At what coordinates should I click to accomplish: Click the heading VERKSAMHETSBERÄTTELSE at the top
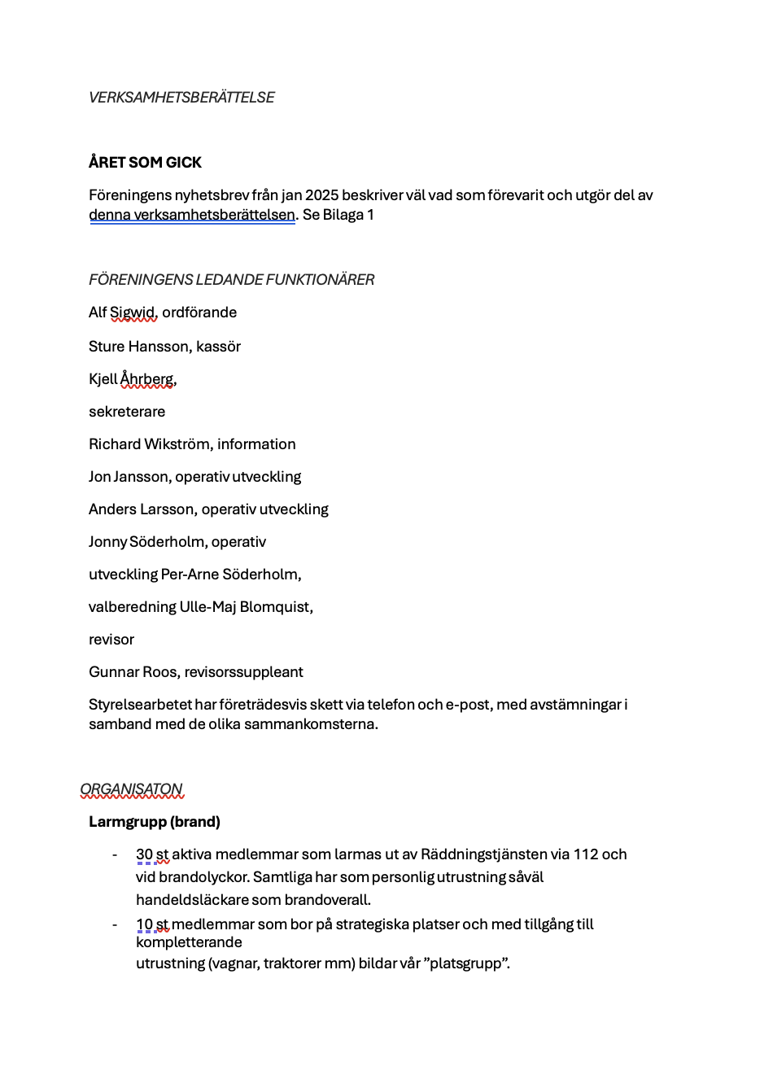(x=181, y=98)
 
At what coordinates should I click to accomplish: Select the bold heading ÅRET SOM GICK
(x=145, y=163)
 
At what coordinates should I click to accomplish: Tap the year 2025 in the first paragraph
(x=321, y=195)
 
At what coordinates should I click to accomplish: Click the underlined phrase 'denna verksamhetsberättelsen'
(x=192, y=216)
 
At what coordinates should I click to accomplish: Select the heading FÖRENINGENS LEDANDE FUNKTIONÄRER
(x=231, y=280)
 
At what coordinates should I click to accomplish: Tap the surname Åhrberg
(x=147, y=379)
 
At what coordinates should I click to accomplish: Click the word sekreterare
(x=127, y=412)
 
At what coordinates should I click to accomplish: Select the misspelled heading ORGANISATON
(x=131, y=789)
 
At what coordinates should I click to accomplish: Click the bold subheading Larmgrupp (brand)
(x=155, y=822)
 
